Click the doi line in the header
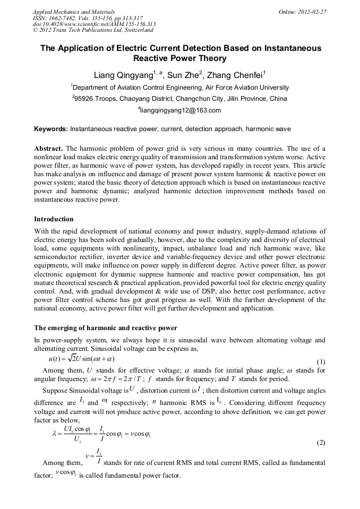94,24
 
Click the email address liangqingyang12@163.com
179,110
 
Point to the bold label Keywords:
51,129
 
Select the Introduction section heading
54,219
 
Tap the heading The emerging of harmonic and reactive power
106,327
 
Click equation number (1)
321,363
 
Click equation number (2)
321,442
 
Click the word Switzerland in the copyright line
140,30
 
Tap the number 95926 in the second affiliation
85,99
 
